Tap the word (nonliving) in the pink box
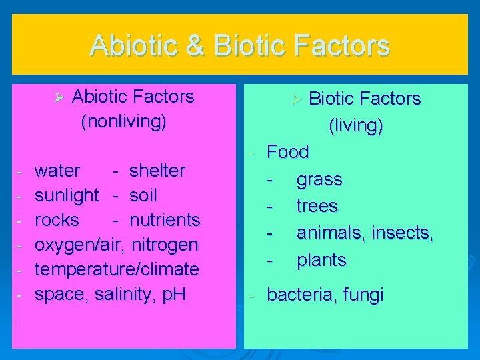point(123,123)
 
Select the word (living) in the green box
point(355,125)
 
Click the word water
point(57,171)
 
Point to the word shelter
point(157,171)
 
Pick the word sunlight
point(67,195)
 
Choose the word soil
point(143,195)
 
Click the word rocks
point(57,220)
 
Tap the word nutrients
point(165,220)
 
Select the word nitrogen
point(165,245)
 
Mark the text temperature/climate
point(117,269)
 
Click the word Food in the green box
point(288,152)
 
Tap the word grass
point(319,180)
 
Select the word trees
point(317,207)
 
